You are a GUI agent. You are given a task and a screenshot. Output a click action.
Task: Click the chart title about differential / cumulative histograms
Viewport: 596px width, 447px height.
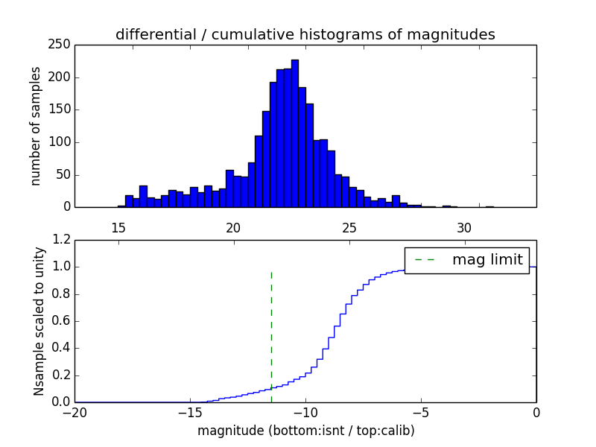coord(305,34)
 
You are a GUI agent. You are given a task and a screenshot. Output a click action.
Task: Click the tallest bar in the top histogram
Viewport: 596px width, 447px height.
coord(295,134)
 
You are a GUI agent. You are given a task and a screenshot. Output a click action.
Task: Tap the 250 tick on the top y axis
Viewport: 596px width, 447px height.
coord(62,45)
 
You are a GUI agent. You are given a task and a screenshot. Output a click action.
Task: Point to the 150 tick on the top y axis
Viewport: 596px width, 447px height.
coord(62,110)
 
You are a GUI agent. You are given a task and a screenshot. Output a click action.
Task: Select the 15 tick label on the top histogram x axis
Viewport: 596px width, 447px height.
coord(118,227)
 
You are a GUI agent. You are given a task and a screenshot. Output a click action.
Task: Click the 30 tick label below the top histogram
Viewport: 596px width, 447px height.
coord(464,227)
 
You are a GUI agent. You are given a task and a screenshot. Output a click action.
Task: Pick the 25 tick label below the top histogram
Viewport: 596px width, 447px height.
coord(349,227)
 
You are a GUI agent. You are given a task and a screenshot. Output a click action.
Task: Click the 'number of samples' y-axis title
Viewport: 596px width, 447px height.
coord(36,126)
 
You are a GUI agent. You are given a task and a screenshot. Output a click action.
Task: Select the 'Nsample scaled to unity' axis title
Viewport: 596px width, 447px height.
coord(39,321)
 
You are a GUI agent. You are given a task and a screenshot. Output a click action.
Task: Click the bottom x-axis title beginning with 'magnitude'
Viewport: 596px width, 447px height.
coord(305,431)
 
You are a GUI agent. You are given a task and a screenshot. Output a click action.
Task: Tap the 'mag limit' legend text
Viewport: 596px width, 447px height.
coord(487,260)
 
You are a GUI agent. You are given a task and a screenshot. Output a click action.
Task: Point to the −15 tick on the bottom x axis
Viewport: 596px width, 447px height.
coord(190,412)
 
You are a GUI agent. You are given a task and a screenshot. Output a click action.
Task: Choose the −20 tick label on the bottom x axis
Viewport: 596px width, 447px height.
coord(74,412)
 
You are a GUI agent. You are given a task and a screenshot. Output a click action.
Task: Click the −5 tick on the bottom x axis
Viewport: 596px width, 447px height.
coord(421,412)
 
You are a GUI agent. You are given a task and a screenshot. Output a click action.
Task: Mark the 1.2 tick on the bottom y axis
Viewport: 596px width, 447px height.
coord(62,240)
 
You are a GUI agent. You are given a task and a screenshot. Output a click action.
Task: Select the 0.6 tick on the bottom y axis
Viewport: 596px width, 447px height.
coord(62,321)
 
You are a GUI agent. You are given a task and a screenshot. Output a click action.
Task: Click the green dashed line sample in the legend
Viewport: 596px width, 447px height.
coord(425,260)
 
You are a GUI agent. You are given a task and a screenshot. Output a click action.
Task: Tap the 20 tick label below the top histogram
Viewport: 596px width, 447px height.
coord(233,227)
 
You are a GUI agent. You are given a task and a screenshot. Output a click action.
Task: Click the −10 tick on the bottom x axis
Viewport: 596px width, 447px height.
coord(305,412)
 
